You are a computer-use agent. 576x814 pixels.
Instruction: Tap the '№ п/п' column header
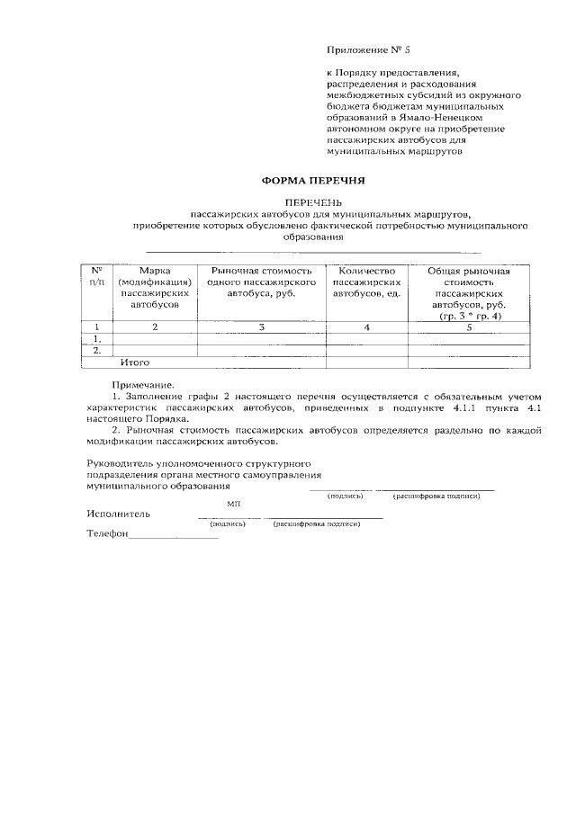pos(96,276)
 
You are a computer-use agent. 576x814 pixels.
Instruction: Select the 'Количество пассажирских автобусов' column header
pos(366,282)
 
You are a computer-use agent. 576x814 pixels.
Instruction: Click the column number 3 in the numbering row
pos(261,327)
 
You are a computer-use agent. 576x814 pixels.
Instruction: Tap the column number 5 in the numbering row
pos(468,327)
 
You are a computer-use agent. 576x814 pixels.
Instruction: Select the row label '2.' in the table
pos(95,351)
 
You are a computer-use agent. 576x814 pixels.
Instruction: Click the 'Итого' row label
pos(135,362)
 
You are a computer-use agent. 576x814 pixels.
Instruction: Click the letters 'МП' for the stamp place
pos(233,505)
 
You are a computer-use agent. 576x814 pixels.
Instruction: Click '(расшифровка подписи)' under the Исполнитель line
pos(318,523)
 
